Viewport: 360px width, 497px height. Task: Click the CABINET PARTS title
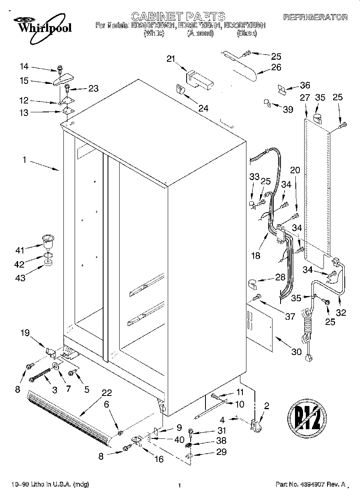pos(179,16)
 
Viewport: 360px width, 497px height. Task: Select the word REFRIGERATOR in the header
pos(315,17)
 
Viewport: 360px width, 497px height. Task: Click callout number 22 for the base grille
pos(106,393)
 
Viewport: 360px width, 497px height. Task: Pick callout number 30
pos(296,352)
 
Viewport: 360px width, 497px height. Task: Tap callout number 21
pos(171,59)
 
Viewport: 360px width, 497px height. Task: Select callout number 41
pos(20,250)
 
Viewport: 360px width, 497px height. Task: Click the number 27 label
pos(305,97)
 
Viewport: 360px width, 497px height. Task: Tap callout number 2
pos(266,406)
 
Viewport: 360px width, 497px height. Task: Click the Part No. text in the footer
pos(310,485)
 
